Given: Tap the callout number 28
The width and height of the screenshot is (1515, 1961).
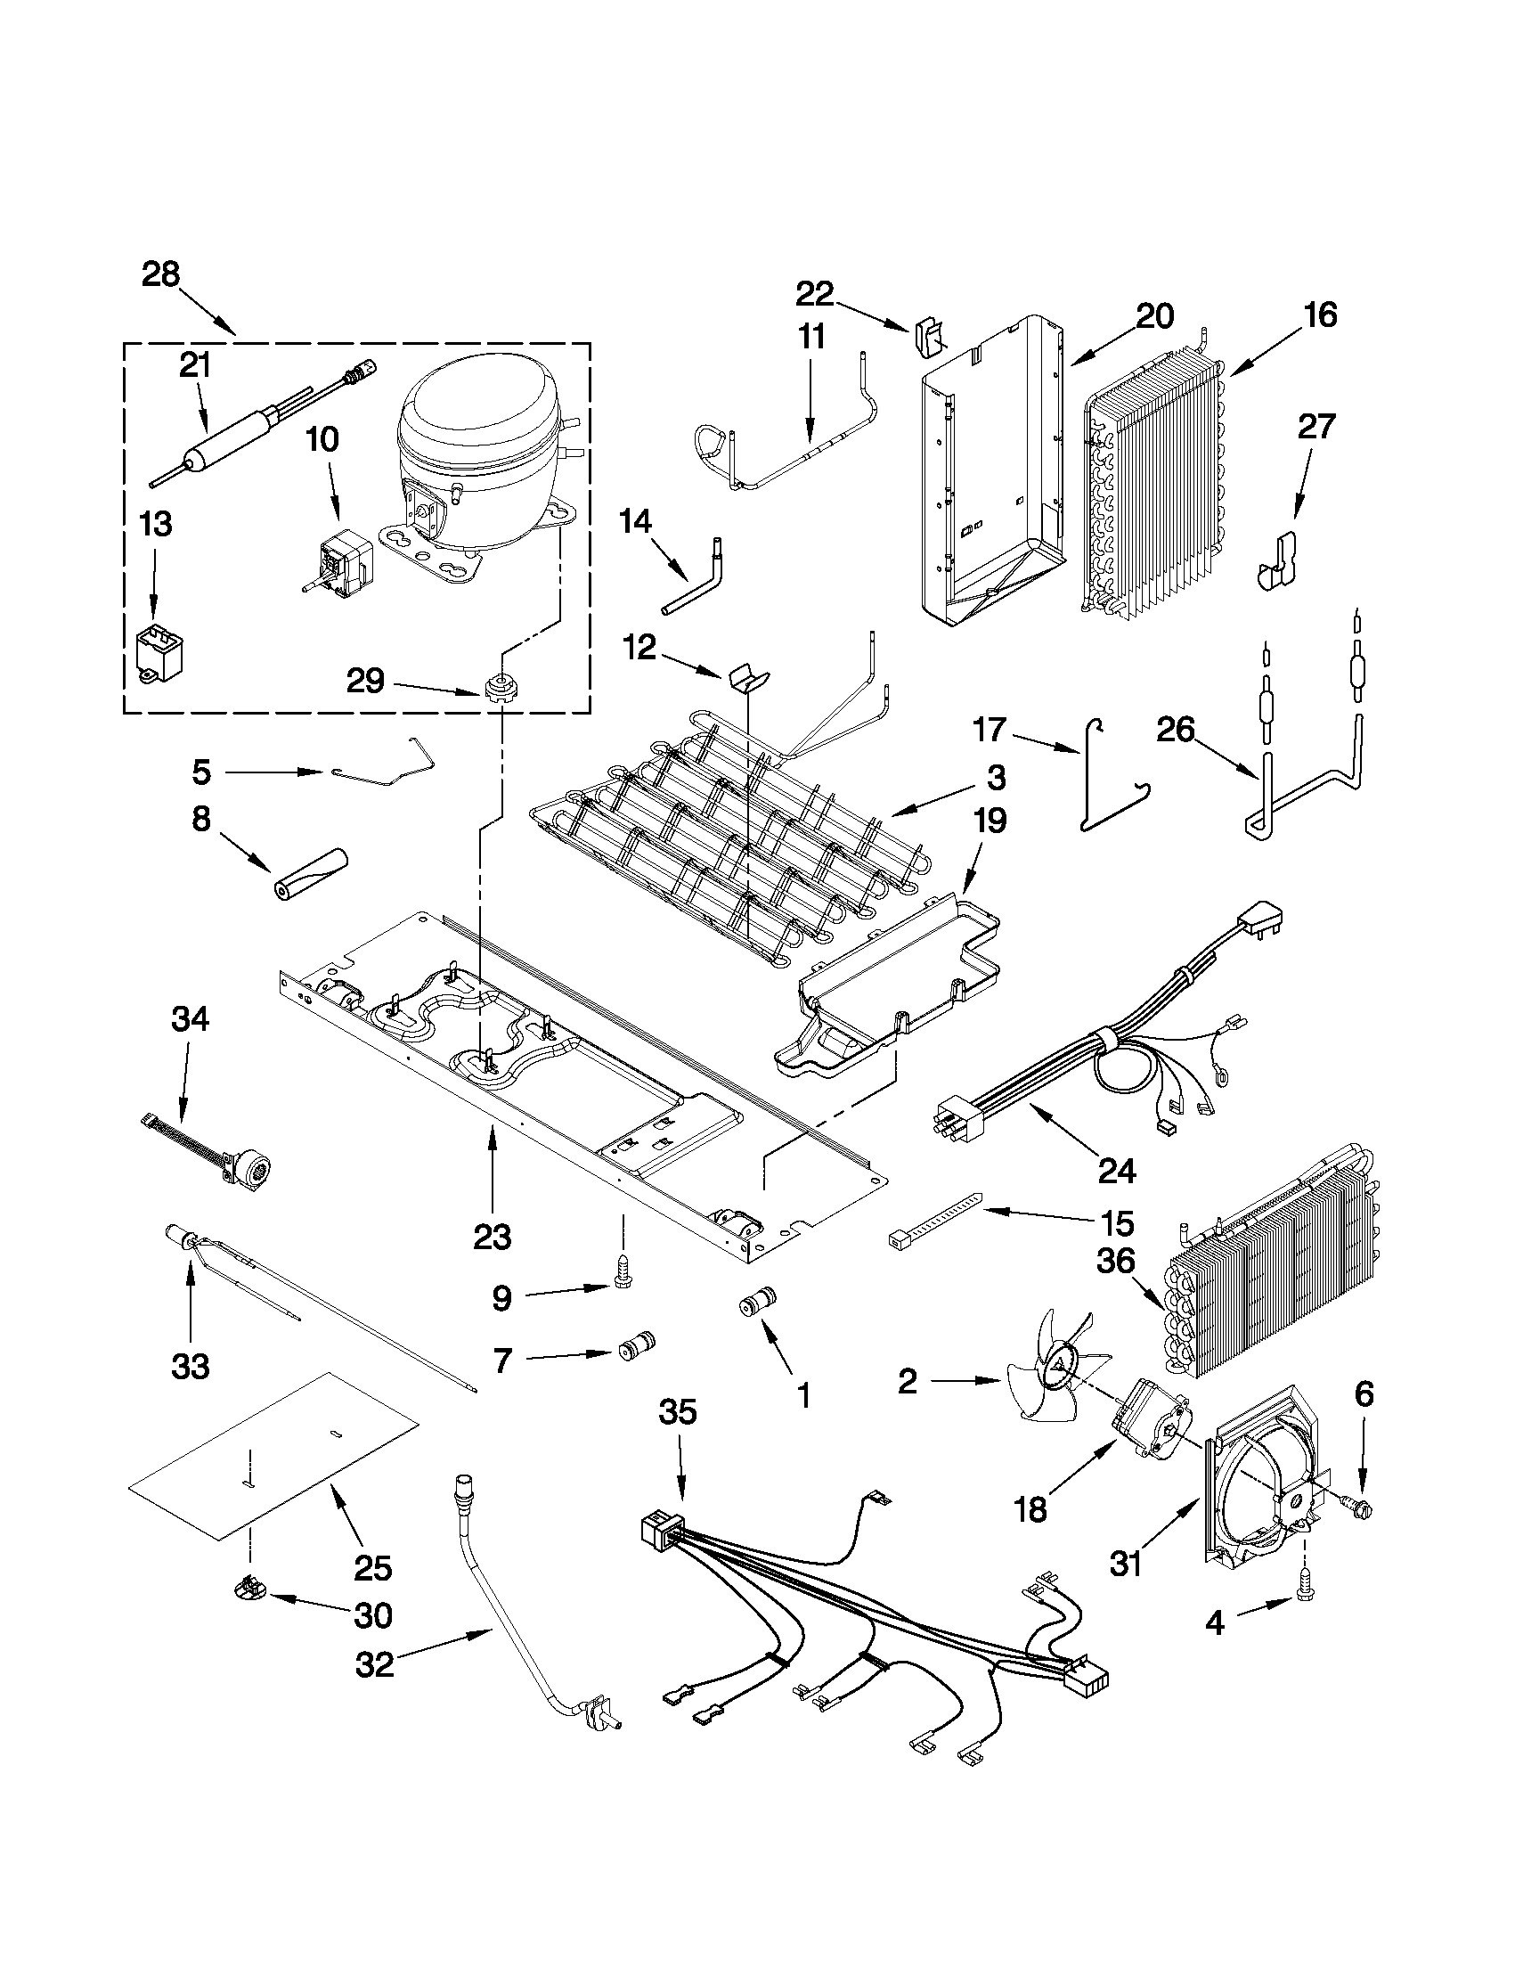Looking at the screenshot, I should pos(160,273).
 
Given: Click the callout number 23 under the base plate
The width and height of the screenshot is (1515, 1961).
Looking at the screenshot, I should pos(492,1238).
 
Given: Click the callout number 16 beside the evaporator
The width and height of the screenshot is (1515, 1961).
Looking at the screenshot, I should pos(1320,315).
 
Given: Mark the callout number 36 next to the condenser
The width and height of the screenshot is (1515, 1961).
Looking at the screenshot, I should pos(1117,1262).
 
